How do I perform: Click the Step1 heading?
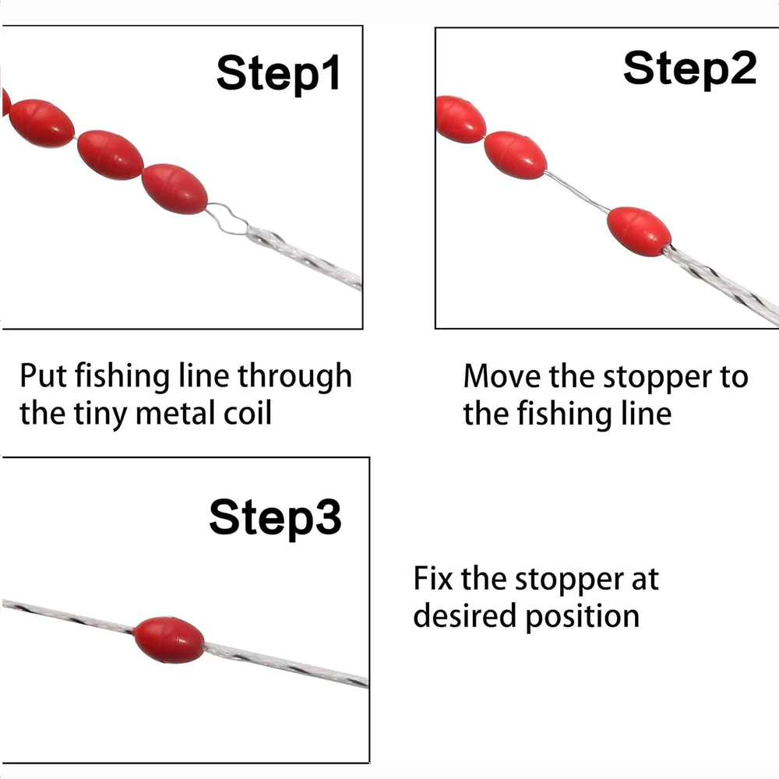coord(278,73)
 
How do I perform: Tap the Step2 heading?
coord(689,69)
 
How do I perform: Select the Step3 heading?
coord(275,518)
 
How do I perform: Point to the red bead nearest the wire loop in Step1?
coord(174,189)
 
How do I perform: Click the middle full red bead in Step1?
coord(111,155)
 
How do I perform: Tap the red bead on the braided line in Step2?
coord(639,231)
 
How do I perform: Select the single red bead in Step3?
coord(169,640)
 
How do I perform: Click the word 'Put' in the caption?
coord(43,375)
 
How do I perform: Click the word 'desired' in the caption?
coord(465,615)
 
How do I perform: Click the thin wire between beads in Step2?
coord(577,191)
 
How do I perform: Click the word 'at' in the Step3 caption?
coord(645,580)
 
